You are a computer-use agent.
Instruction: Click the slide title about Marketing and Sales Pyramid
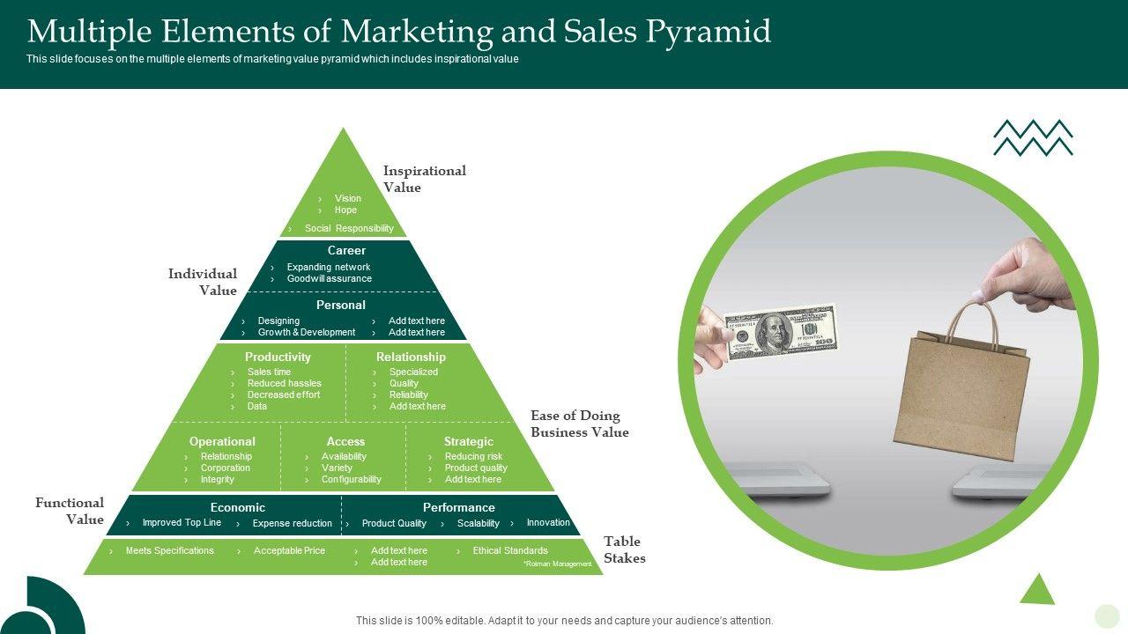click(x=399, y=32)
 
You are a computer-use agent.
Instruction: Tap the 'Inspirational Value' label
click(x=424, y=179)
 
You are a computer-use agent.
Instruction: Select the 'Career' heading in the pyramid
click(x=346, y=251)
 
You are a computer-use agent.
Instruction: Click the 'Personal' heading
click(x=340, y=306)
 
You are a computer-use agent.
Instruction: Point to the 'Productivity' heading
click(x=278, y=358)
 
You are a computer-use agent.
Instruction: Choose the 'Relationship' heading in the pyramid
click(x=411, y=358)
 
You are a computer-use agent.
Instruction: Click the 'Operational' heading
click(x=222, y=442)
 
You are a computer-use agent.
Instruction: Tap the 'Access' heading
click(x=345, y=442)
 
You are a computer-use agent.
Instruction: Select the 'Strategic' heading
click(x=468, y=442)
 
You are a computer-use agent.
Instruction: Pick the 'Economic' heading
click(x=237, y=508)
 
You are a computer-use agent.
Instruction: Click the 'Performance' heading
click(x=458, y=508)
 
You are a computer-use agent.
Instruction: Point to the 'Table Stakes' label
click(x=624, y=549)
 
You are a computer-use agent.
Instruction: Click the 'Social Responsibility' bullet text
click(x=349, y=229)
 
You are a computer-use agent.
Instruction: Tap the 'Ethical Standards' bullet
click(x=510, y=551)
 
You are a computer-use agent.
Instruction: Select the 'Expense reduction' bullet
click(x=292, y=524)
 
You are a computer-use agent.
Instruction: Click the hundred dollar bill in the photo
click(x=780, y=332)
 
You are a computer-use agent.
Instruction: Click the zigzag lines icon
click(x=1033, y=138)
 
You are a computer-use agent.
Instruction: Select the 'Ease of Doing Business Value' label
click(x=579, y=424)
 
